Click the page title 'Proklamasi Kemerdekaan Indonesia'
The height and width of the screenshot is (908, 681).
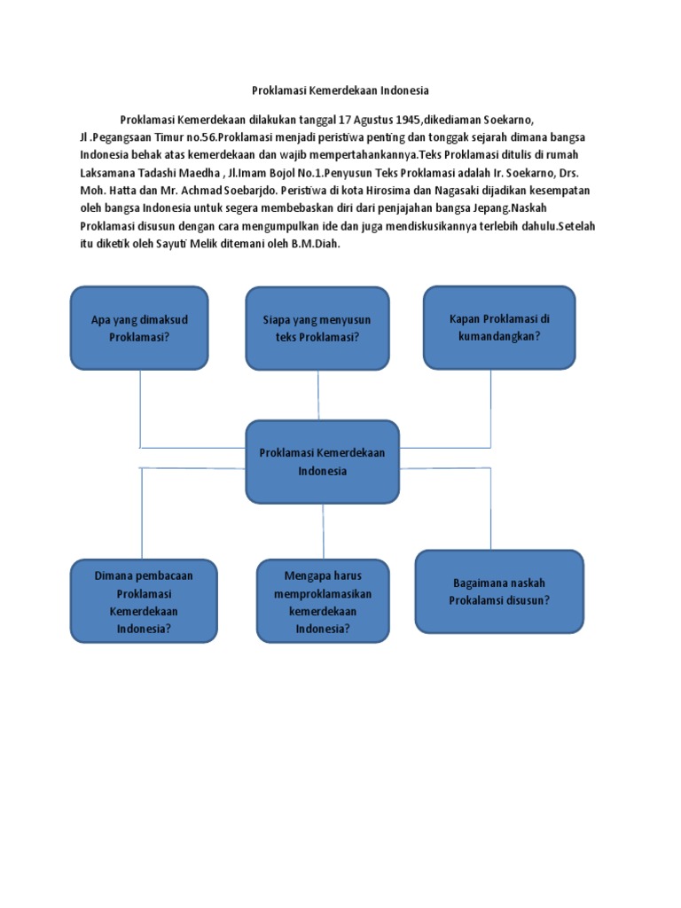click(340, 90)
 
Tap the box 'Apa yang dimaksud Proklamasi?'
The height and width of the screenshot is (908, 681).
click(139, 327)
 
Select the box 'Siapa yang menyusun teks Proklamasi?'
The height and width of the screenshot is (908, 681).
click(317, 327)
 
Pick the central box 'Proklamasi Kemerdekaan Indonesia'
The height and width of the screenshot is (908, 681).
click(322, 461)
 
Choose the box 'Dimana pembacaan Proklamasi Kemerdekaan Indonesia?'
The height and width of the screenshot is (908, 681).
click(144, 601)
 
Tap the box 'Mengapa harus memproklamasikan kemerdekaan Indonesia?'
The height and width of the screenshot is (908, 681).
click(323, 601)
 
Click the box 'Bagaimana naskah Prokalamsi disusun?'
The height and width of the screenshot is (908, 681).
click(499, 591)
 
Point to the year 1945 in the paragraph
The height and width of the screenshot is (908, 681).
click(405, 120)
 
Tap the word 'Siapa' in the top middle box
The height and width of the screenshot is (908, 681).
click(278, 319)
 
